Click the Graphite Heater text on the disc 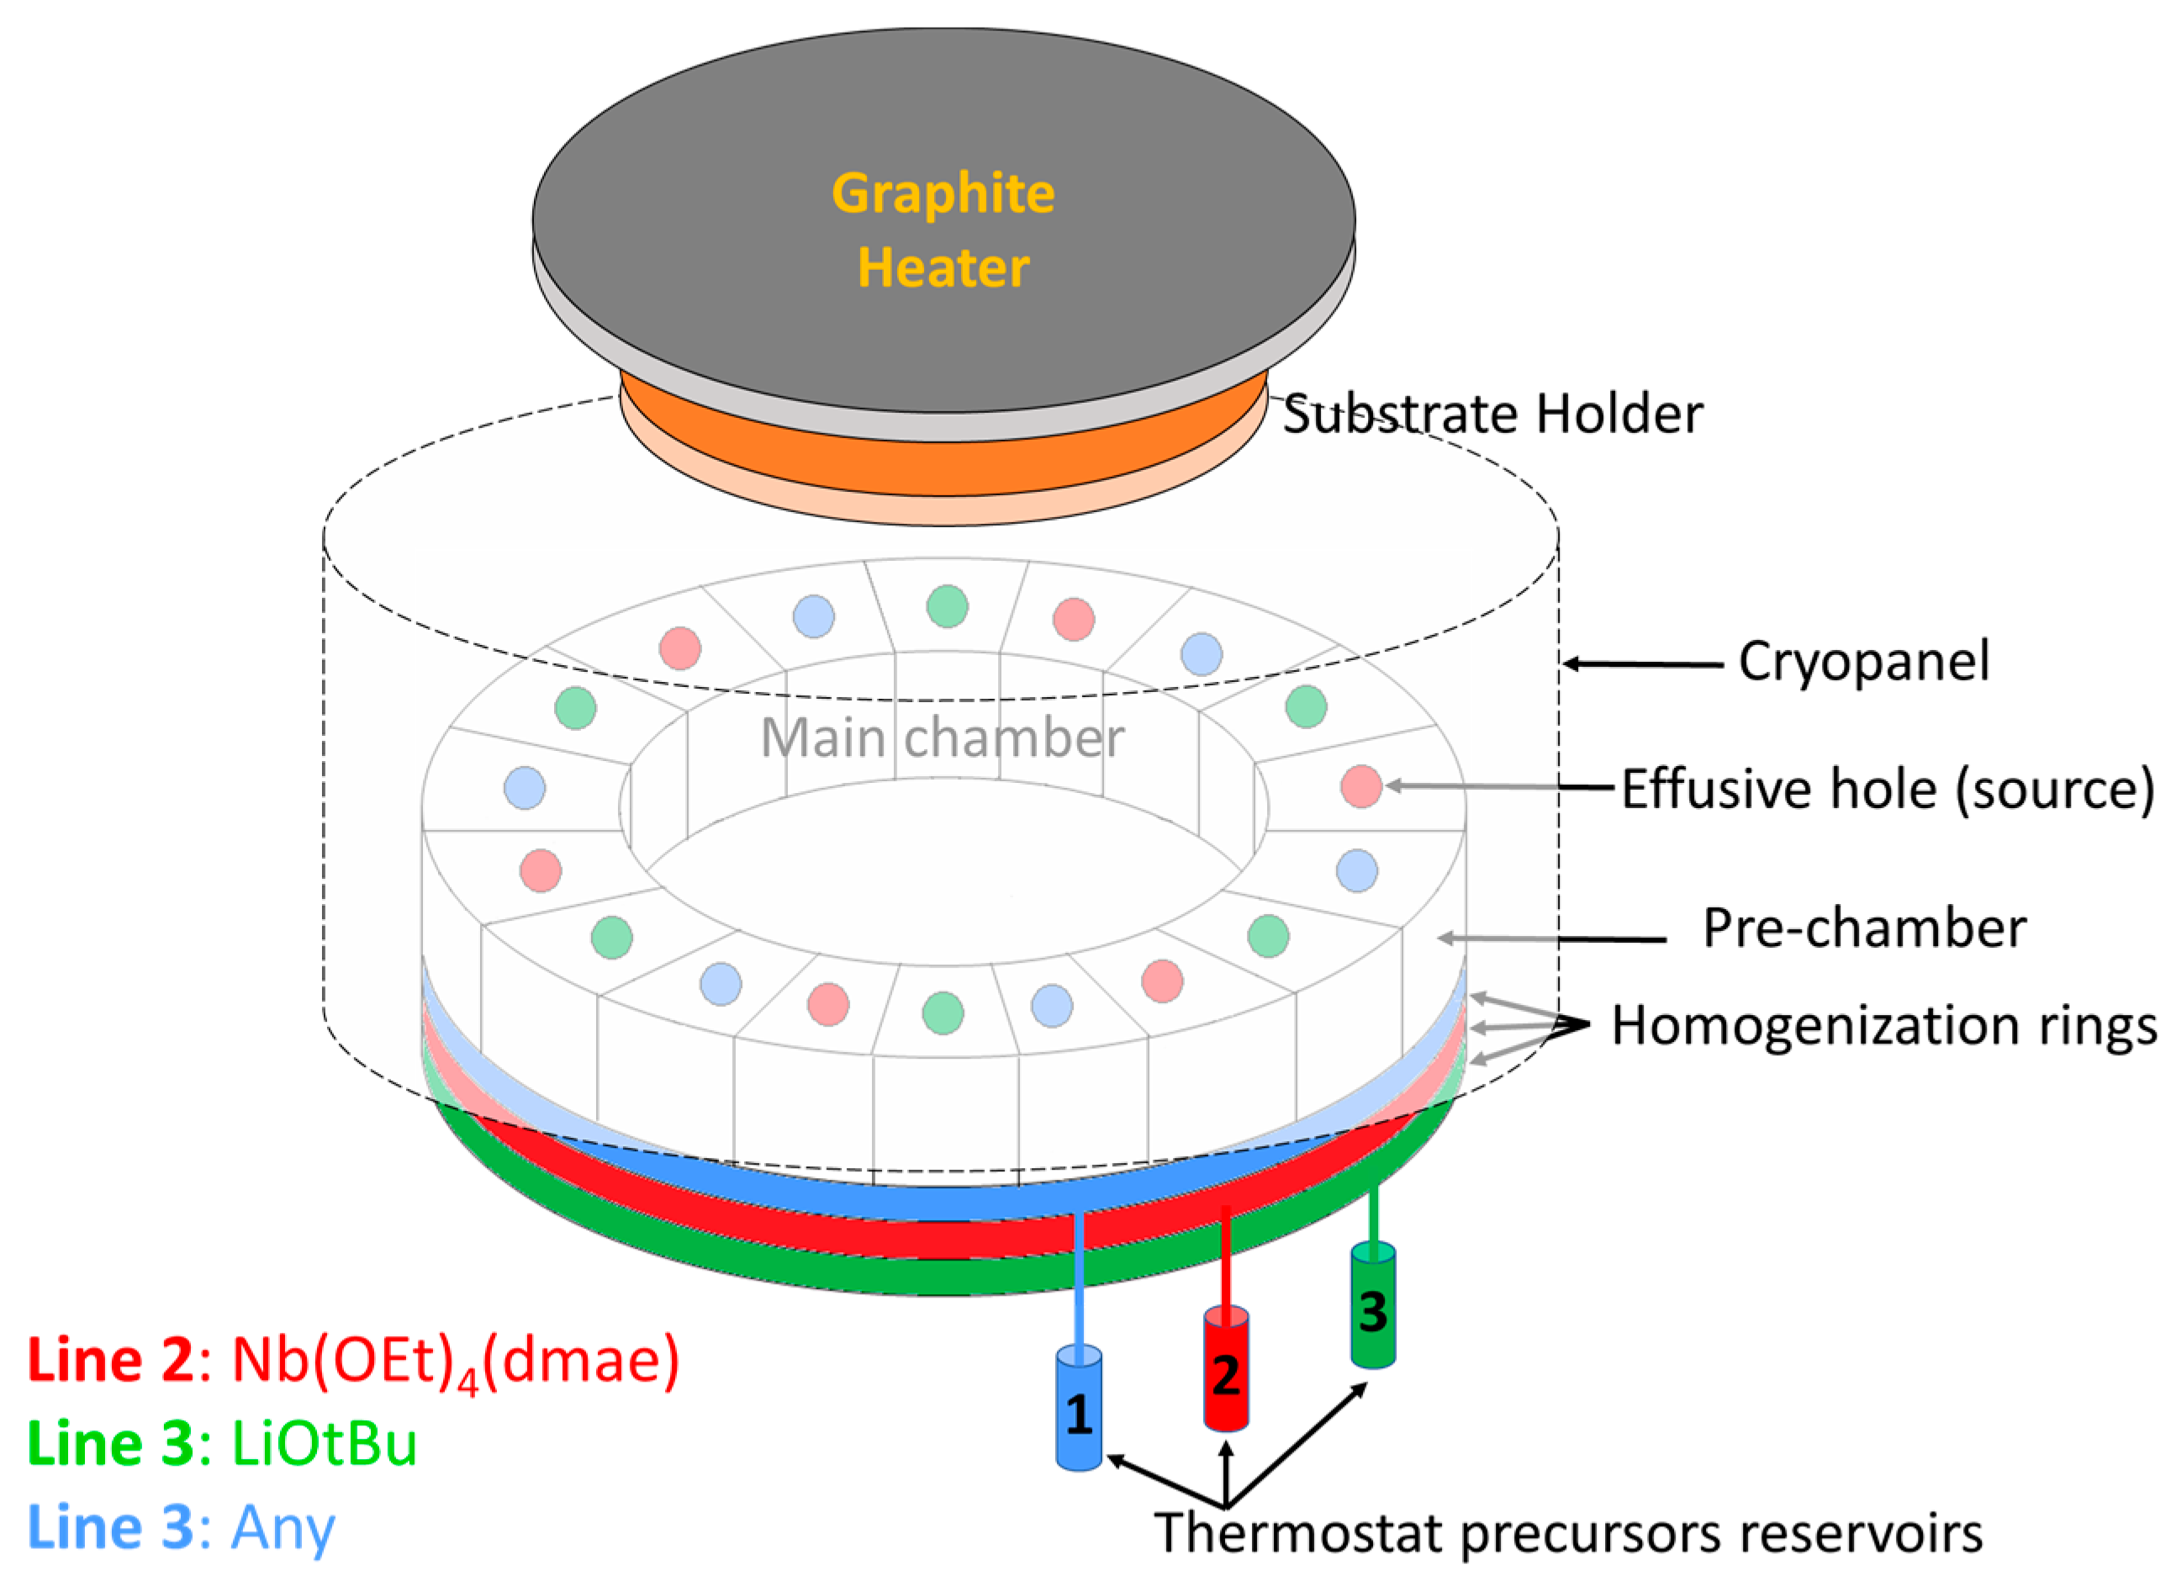(x=943, y=230)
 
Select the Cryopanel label (x=1863, y=662)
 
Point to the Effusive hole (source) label (x=1887, y=789)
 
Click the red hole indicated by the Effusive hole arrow (x=1360, y=786)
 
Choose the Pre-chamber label (x=1864, y=928)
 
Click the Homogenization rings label (x=1884, y=1025)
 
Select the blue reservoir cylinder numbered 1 (x=1078, y=1410)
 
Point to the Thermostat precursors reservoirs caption (x=1568, y=1532)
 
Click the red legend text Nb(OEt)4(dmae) (x=456, y=1361)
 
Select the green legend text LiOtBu (x=325, y=1444)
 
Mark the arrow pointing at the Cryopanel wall (x=1641, y=663)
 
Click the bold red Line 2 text (x=110, y=1361)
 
